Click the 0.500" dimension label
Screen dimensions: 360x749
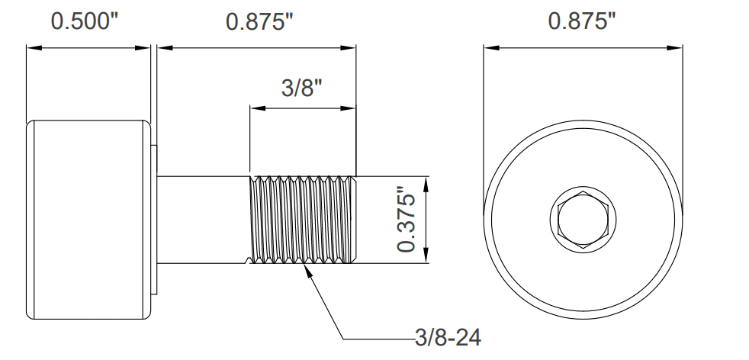[85, 21]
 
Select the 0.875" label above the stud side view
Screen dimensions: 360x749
[260, 21]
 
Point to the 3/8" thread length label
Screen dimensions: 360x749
[303, 88]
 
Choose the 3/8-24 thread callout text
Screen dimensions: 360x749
[448, 337]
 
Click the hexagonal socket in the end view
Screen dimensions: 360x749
[583, 220]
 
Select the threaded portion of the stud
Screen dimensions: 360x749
[303, 220]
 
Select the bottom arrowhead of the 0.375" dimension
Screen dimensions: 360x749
[425, 259]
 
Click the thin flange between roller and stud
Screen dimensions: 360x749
[154, 220]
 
